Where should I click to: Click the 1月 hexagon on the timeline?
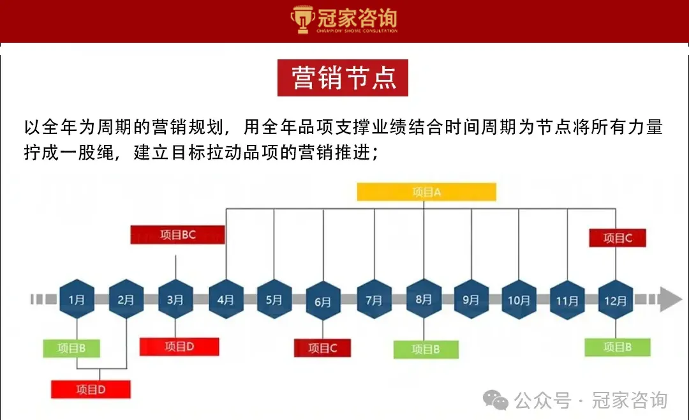[77, 299]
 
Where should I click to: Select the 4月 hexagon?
[225, 299]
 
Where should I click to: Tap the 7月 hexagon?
[374, 299]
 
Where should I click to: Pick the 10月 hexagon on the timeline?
[519, 299]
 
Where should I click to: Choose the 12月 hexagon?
[616, 299]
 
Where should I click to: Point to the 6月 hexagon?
[323, 300]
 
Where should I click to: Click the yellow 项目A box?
[426, 192]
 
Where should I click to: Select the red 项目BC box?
[178, 235]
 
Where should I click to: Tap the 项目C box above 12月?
[618, 238]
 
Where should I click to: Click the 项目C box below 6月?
[323, 348]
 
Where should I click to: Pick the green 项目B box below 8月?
[426, 349]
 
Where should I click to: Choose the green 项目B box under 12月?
[618, 347]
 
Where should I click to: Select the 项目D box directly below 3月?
[179, 347]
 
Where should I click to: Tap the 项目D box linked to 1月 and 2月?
[91, 389]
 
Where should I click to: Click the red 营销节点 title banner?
[343, 78]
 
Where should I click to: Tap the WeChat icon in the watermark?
[496, 400]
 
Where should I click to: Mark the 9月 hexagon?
[471, 299]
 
